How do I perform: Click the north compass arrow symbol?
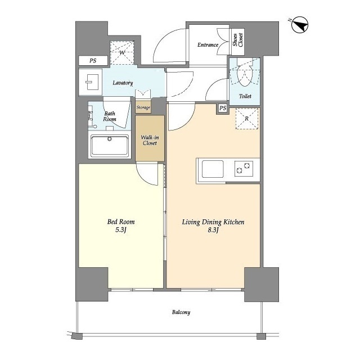tap(300, 25)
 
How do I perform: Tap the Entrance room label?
tap(208, 45)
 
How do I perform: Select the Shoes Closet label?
tap(238, 40)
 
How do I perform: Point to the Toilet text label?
tap(245, 96)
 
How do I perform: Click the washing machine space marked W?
tap(122, 53)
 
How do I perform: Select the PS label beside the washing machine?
tap(93, 61)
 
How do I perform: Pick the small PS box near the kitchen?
tap(223, 108)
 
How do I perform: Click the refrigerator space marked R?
tap(247, 119)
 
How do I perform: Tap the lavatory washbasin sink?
tap(92, 82)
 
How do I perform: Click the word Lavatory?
tap(123, 83)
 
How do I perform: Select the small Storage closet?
tap(143, 107)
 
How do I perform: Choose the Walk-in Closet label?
tap(150, 140)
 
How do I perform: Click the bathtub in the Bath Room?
tap(110, 146)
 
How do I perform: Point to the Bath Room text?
tap(110, 116)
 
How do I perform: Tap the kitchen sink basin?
tap(213, 169)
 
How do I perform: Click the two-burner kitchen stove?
tap(244, 169)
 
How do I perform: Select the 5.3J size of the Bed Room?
tap(121, 230)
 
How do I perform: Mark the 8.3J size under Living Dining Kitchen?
tap(213, 230)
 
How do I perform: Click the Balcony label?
tap(181, 312)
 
